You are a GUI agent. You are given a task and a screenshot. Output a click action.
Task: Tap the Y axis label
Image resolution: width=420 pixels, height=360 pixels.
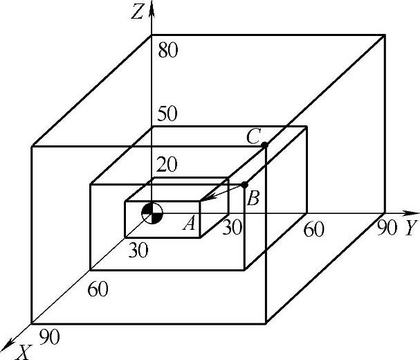[x=411, y=229]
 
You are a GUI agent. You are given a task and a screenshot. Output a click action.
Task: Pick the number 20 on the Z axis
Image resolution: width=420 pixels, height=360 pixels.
[x=166, y=165]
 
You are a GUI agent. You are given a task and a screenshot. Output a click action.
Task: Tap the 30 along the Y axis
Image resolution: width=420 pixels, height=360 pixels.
[x=232, y=227]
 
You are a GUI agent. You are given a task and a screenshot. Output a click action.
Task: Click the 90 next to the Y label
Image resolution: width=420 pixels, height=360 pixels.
[x=388, y=227]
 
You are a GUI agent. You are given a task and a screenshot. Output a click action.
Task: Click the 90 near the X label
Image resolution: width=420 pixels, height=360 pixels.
[x=50, y=337]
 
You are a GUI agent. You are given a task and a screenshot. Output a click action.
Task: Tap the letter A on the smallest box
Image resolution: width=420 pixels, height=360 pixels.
[x=188, y=223]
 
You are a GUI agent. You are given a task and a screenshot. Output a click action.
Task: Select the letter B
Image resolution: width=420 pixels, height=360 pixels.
[x=253, y=200]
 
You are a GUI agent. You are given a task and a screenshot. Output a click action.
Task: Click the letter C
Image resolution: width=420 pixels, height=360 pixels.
[x=253, y=137]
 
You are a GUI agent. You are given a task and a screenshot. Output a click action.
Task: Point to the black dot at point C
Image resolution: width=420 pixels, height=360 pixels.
[x=264, y=145]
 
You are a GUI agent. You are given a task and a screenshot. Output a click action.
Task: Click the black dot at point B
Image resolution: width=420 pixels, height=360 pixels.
[x=244, y=185]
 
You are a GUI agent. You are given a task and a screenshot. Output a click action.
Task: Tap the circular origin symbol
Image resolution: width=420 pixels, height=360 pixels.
[x=152, y=213]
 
